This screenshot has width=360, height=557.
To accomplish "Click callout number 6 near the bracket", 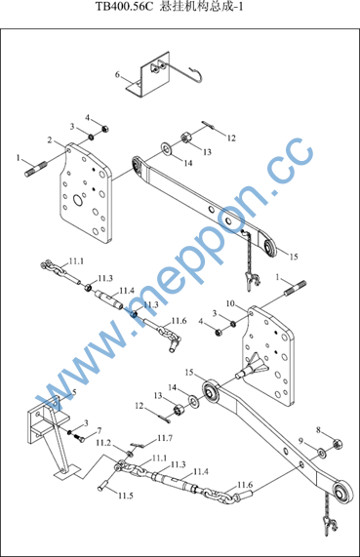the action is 117,74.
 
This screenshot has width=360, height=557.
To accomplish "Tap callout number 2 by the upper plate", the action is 50,139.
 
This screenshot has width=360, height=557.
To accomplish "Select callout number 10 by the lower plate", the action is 230,303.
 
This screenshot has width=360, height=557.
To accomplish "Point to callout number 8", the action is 318,430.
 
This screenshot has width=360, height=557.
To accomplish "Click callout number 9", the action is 300,441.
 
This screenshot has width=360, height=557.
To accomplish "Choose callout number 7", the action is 100,430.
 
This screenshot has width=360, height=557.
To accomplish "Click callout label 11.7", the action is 165,438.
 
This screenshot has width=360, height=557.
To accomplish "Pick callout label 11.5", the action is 126,496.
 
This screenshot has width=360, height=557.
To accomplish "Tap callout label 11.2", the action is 103,443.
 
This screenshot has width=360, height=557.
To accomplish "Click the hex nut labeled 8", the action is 338,443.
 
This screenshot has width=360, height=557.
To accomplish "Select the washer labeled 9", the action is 322,453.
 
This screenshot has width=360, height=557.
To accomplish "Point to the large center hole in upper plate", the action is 78,200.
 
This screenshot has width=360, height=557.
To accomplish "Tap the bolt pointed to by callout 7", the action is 79,438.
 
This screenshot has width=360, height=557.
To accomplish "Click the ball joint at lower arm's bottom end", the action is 343,492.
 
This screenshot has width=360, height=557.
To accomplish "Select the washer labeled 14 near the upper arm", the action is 166,148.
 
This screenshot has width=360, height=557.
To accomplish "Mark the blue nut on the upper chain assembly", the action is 134,314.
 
